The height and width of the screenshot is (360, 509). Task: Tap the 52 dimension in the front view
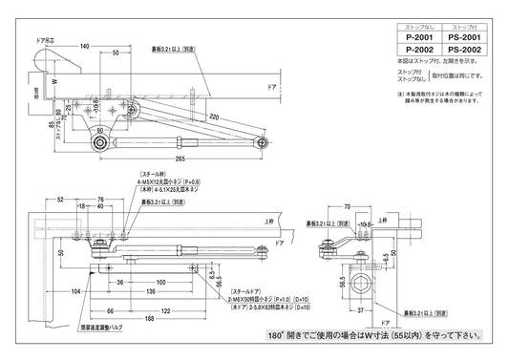tap(60, 200)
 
